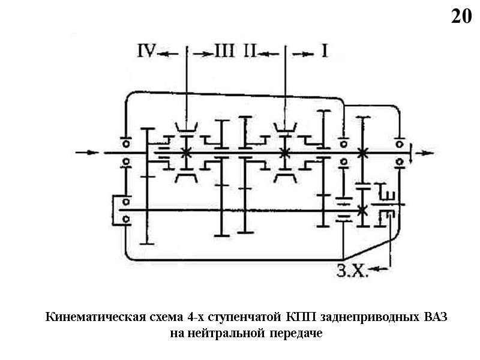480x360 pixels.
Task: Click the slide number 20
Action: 461,17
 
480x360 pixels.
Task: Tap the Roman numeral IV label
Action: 146,52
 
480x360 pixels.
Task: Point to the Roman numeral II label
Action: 251,52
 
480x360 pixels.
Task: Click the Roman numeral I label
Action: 324,52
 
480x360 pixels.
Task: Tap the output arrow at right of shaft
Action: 424,152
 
